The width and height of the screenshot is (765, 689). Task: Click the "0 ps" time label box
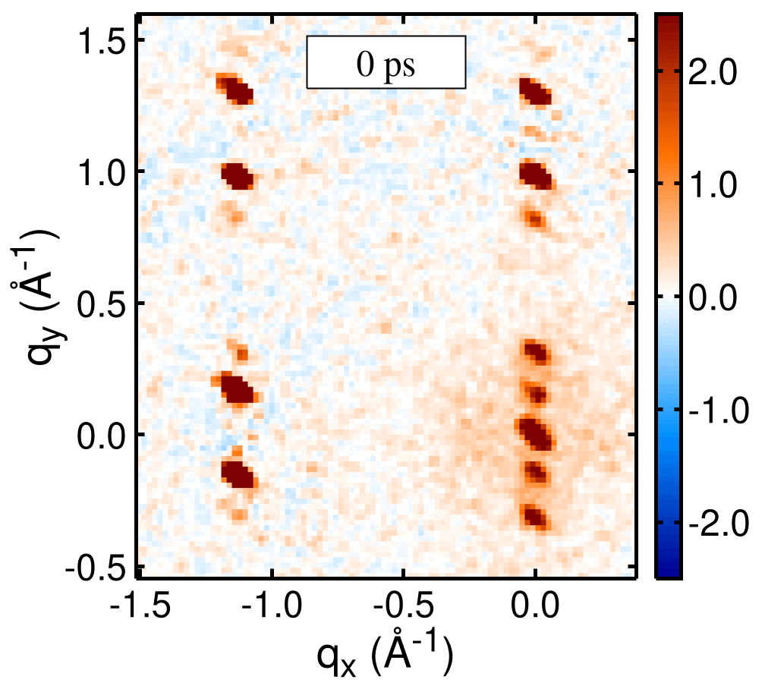pyautogui.click(x=386, y=61)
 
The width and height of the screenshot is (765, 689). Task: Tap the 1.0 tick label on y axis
pyautogui.click(x=105, y=172)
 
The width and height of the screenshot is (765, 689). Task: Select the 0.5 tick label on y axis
pyautogui.click(x=105, y=304)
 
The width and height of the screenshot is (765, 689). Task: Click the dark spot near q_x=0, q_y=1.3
pyautogui.click(x=536, y=92)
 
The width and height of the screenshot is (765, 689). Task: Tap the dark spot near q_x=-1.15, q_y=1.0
pyautogui.click(x=238, y=175)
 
